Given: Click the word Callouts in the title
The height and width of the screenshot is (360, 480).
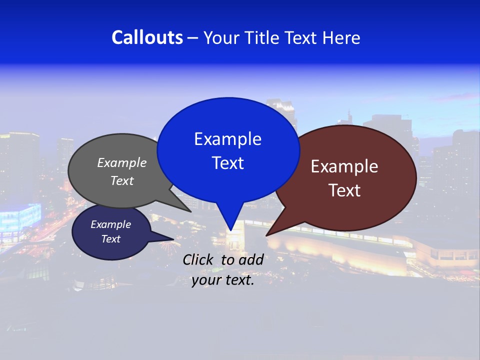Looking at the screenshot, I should coord(147,37).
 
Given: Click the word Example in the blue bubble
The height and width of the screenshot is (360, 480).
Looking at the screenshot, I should coord(227,139).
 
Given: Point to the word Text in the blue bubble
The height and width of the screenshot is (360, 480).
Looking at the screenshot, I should coord(227,163).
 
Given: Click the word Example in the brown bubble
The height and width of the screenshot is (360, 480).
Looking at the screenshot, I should coord(344,166).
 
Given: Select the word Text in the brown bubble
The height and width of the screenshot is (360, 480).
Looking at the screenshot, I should coord(344,190).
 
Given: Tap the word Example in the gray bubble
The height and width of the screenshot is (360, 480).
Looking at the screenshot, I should coord(122,162).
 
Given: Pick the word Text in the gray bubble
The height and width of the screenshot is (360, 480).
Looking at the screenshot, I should coord(122,180).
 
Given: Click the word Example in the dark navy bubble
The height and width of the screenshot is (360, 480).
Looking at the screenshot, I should coord(110,224).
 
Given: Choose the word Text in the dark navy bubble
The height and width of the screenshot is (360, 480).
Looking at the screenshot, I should coord(110,239).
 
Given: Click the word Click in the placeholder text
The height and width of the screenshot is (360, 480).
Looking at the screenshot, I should coord(199,259).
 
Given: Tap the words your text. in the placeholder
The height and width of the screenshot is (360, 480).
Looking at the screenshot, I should coord(223,280).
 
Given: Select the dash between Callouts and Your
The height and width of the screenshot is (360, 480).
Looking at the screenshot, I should coord(193,37).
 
